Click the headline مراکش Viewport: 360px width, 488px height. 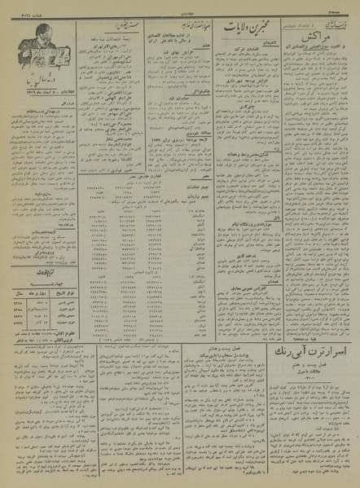pyautogui.click(x=314, y=37)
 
